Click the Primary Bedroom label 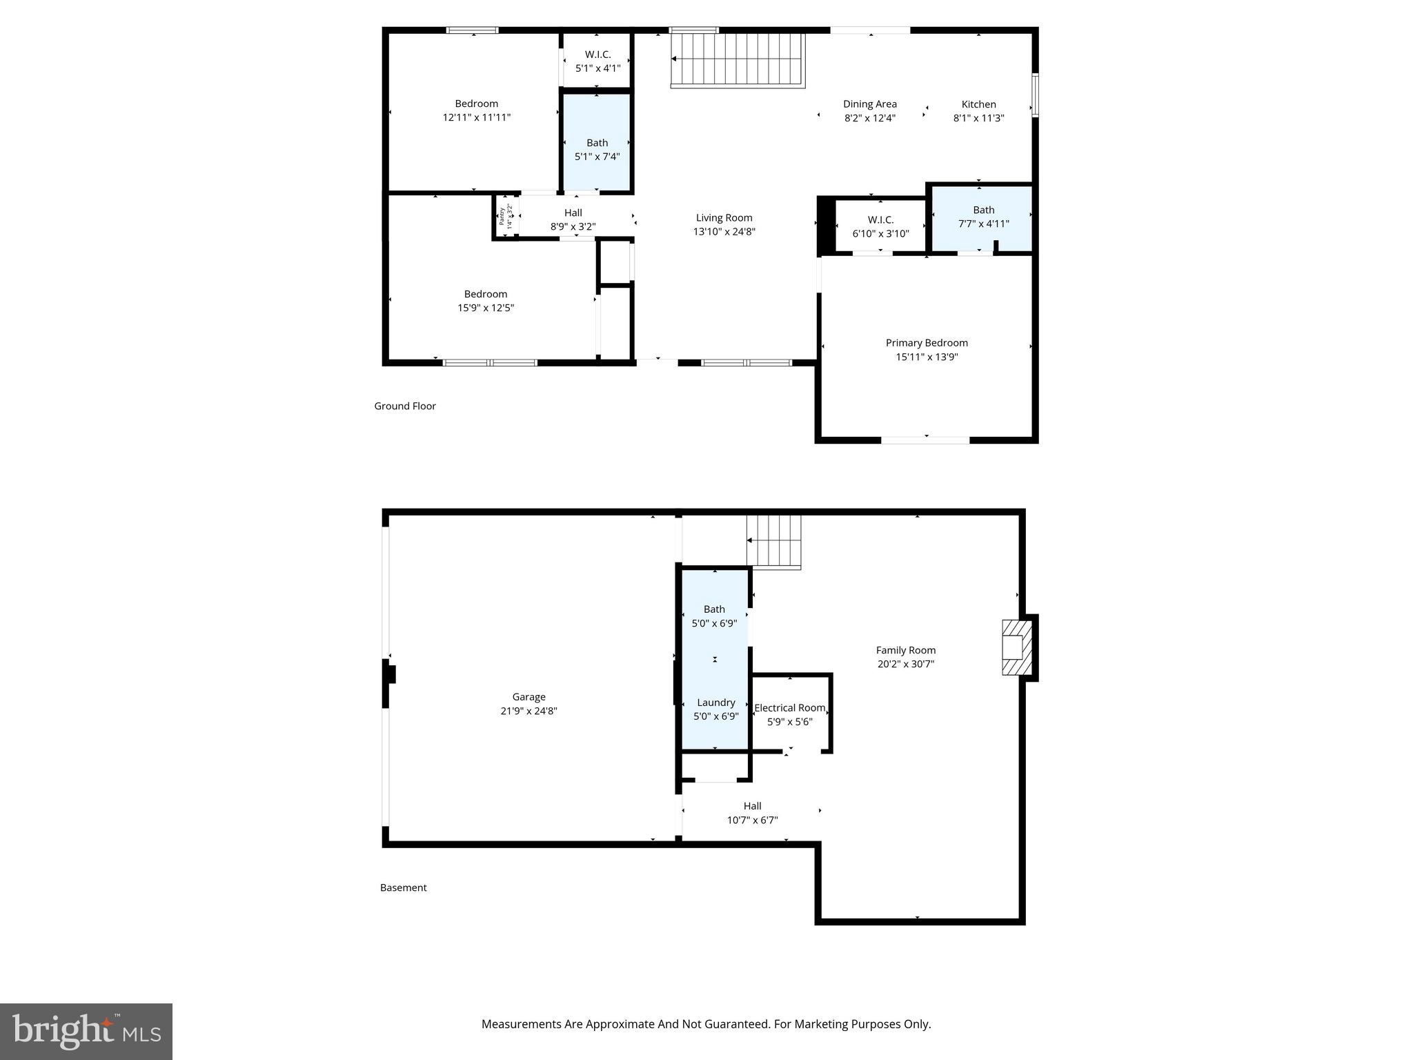(x=926, y=343)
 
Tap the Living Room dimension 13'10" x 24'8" (x=724, y=232)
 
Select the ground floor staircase (x=738, y=60)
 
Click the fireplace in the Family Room (x=1016, y=647)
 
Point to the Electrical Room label (x=789, y=708)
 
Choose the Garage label (x=528, y=697)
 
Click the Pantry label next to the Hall (x=502, y=216)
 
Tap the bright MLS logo (x=86, y=1031)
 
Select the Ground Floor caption (x=405, y=406)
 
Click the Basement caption (x=403, y=887)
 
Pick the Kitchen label (x=978, y=104)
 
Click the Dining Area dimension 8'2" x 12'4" (x=869, y=118)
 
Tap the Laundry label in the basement (x=715, y=703)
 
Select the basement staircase (x=773, y=542)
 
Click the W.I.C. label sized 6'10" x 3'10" (x=880, y=219)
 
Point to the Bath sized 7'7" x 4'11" (x=983, y=217)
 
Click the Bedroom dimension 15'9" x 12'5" (x=486, y=308)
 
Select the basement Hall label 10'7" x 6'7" (x=752, y=806)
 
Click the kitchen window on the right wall (x=1035, y=95)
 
